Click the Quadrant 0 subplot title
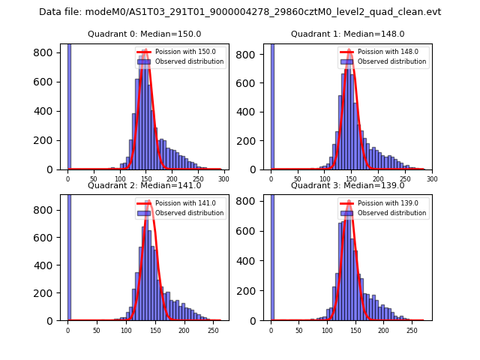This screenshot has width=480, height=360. [x=144, y=34]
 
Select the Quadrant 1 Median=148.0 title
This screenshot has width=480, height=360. [x=347, y=34]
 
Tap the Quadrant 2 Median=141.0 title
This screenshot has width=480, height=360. [x=144, y=185]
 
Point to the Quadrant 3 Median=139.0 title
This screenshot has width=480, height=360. [x=347, y=185]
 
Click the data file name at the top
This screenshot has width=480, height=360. [x=240, y=12]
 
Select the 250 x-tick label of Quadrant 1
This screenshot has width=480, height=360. [x=406, y=180]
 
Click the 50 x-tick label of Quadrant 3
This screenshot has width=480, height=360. [x=299, y=330]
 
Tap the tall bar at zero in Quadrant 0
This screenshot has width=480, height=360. [x=69, y=105]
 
